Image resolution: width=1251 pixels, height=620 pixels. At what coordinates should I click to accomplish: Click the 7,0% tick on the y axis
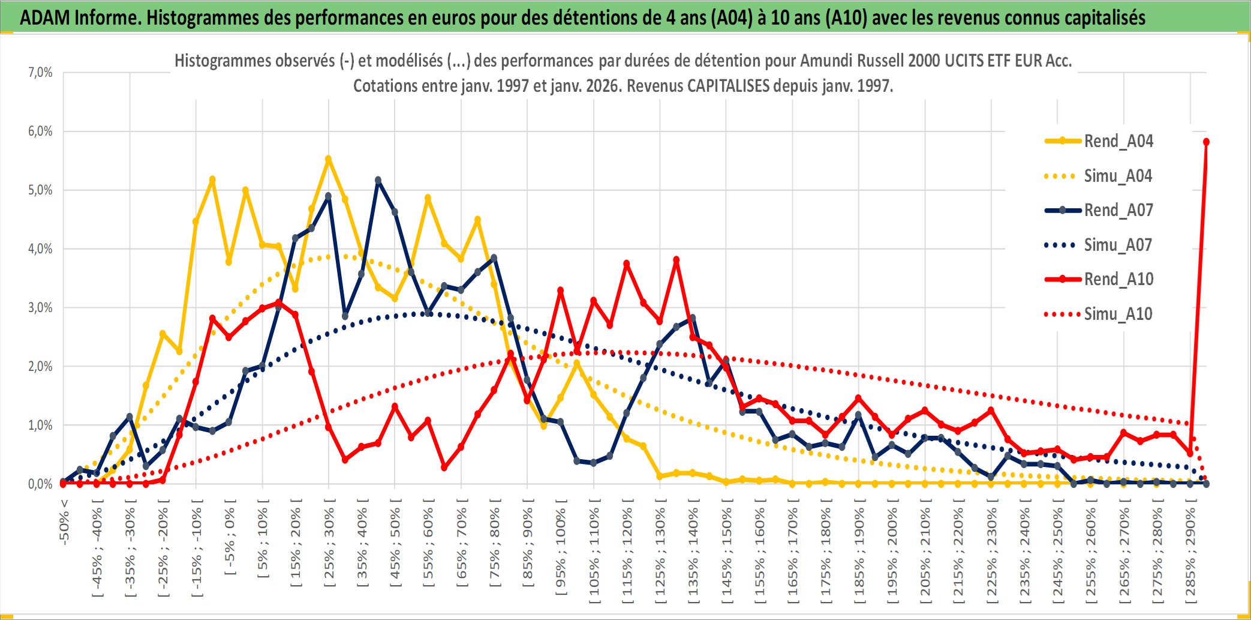point(40,73)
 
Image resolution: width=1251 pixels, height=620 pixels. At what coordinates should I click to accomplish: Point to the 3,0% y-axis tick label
point(40,308)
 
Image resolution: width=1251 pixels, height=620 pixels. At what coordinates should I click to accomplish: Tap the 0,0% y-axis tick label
point(40,484)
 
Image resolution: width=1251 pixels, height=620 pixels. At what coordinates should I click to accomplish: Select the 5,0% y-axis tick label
point(40,190)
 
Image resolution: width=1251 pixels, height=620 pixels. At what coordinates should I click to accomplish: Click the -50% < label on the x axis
point(64,522)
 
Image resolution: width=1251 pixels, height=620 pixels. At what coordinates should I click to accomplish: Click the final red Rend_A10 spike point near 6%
point(1206,142)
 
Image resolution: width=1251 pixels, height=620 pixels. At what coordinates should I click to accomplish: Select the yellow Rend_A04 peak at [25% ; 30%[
point(328,159)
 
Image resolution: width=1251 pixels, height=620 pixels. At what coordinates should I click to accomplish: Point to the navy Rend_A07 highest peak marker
point(378,180)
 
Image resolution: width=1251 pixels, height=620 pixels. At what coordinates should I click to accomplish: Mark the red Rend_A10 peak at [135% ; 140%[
point(676,260)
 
